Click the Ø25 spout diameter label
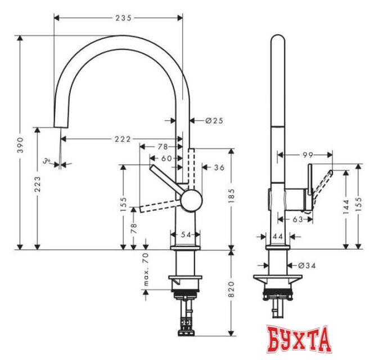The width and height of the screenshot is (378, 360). coord(215,120)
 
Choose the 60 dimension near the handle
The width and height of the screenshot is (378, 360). coord(166,159)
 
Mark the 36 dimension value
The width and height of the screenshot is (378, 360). coord(219,167)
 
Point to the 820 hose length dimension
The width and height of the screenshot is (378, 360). coord(232,289)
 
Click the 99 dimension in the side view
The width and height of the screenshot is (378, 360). coord(307,154)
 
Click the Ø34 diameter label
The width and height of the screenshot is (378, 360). coord(307,264)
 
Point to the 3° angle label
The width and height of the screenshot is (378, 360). coord(49,163)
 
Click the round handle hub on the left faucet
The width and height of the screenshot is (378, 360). coord(189,200)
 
